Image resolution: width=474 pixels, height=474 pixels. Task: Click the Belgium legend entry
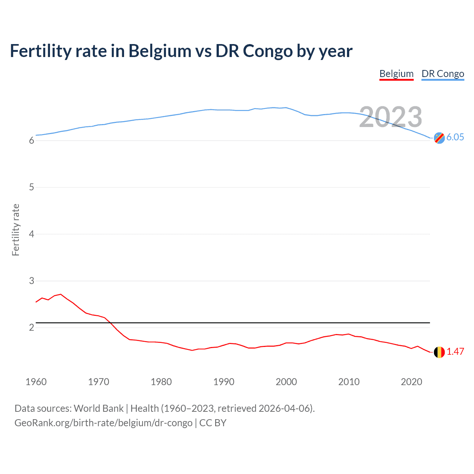[x=396, y=74]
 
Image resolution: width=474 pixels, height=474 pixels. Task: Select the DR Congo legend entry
[x=443, y=74]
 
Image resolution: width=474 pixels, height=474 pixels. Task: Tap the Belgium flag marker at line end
[x=439, y=352]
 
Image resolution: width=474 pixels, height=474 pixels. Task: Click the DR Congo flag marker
[x=439, y=138]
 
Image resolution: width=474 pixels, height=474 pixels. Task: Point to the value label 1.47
[x=455, y=352]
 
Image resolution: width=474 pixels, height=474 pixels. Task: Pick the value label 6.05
[x=455, y=137]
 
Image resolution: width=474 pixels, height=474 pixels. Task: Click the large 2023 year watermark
[x=390, y=117]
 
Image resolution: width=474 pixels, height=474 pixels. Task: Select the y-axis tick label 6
[x=31, y=141]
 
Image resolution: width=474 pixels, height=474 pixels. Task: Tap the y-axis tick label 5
[x=31, y=187]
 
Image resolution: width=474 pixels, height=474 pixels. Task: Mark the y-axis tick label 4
[x=31, y=234]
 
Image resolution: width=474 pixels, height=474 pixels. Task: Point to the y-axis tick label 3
[x=31, y=281]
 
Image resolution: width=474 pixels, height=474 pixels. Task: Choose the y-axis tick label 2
[x=31, y=328]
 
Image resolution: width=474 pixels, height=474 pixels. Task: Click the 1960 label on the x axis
[x=36, y=382]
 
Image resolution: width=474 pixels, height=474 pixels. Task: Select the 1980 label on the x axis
[x=161, y=382]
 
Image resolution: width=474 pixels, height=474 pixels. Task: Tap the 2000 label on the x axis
[x=286, y=382]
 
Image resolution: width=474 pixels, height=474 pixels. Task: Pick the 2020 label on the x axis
[x=411, y=382]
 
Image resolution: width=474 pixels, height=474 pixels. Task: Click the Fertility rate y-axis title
[x=16, y=230]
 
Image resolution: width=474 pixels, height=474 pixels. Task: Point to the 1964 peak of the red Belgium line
[x=61, y=294]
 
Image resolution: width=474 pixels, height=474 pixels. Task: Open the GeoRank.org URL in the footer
[x=103, y=423]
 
